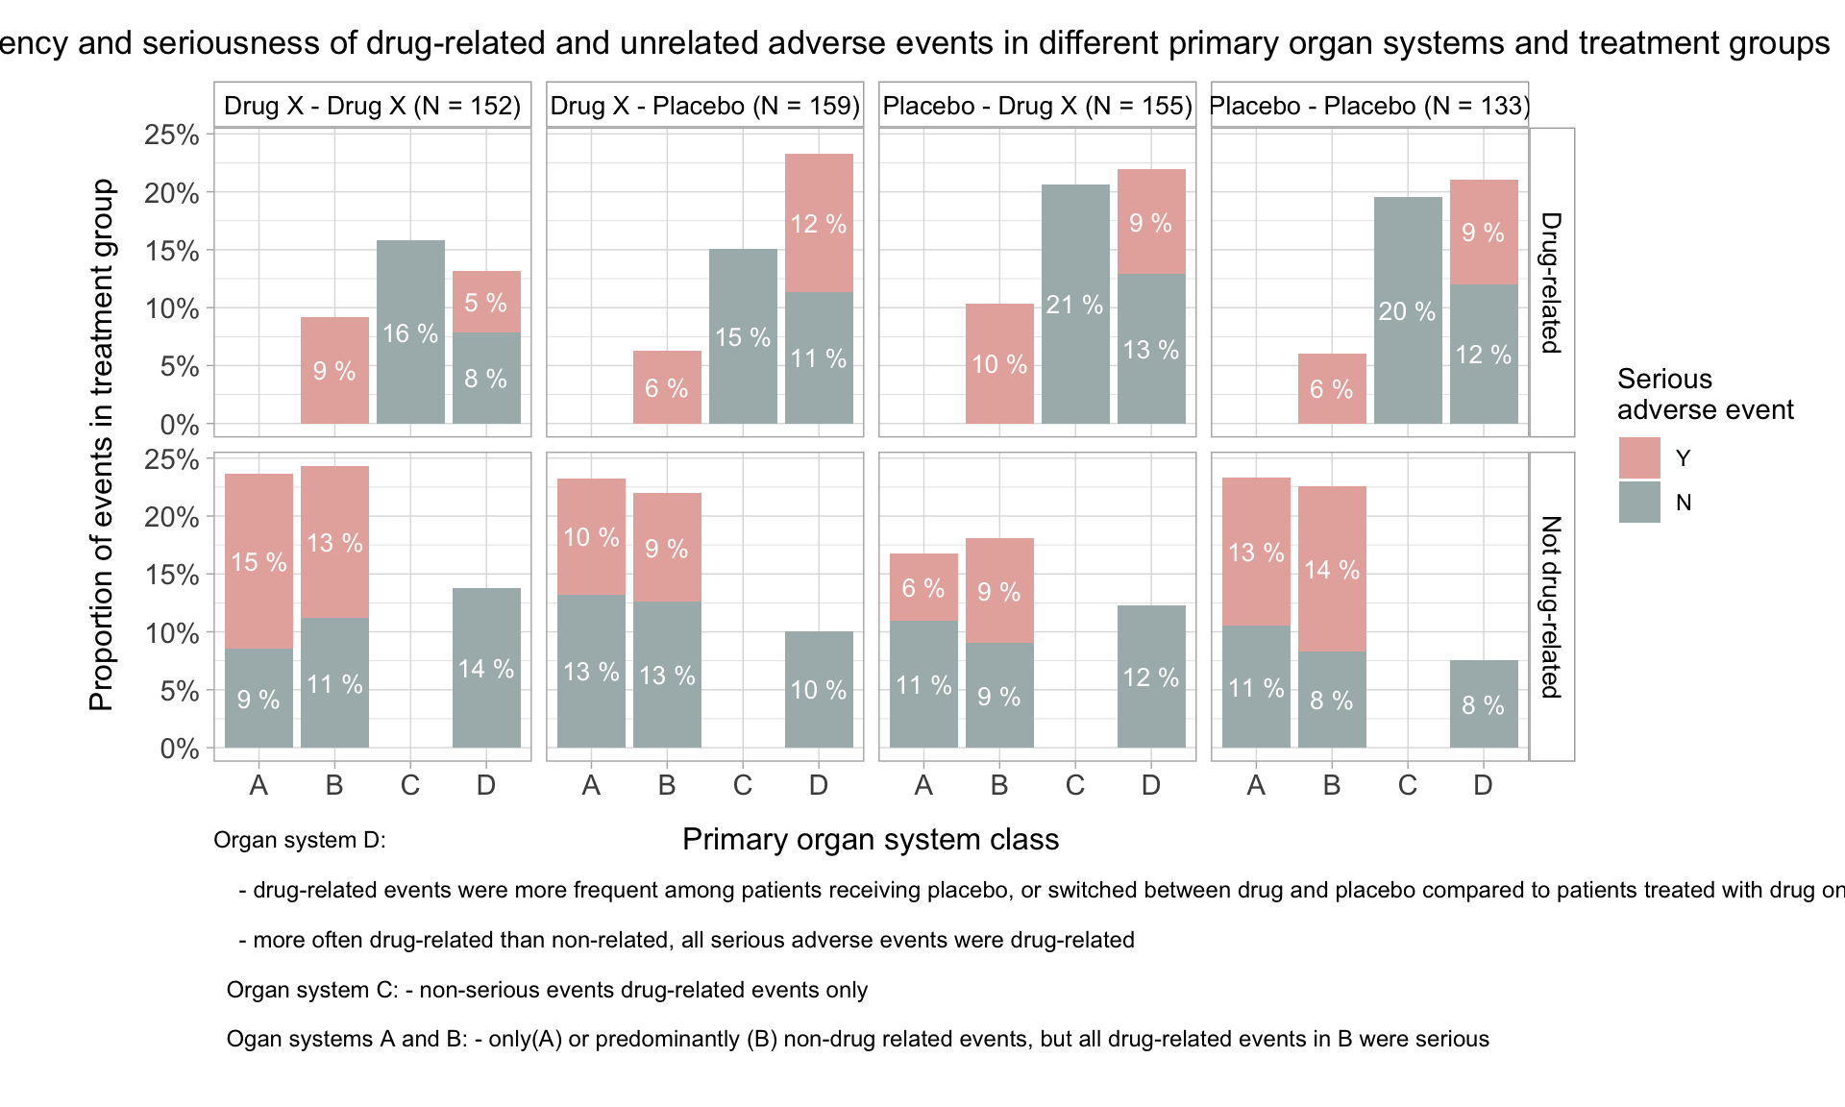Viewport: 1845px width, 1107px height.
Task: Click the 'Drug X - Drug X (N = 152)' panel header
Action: click(x=372, y=105)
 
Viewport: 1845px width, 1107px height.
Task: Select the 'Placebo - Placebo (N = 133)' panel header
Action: click(x=1369, y=105)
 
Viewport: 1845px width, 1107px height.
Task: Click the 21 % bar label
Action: click(x=1074, y=305)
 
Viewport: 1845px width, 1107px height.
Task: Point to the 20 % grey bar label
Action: click(x=1407, y=311)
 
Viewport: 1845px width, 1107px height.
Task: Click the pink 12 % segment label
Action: click(x=819, y=224)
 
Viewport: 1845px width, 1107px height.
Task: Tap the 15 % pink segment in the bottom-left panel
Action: click(x=258, y=561)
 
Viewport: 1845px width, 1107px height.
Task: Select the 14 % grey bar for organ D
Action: click(x=486, y=668)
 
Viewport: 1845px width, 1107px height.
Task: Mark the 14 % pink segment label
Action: click(x=1332, y=570)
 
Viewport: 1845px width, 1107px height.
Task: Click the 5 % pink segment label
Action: click(x=486, y=303)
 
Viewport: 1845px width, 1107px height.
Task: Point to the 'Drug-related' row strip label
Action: click(x=1551, y=283)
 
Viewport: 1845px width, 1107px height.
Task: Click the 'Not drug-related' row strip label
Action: click(x=1551, y=606)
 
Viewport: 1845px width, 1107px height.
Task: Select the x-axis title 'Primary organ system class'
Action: click(x=871, y=839)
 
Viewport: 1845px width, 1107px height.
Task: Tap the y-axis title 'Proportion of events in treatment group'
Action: click(x=102, y=444)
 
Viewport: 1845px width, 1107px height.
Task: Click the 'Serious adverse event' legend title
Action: click(x=1705, y=394)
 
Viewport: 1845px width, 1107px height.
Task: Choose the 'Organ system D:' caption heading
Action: click(x=300, y=840)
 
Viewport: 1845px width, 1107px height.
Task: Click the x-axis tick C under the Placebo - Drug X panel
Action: click(x=1074, y=785)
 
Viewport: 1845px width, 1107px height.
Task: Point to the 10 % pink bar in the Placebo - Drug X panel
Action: click(x=999, y=364)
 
